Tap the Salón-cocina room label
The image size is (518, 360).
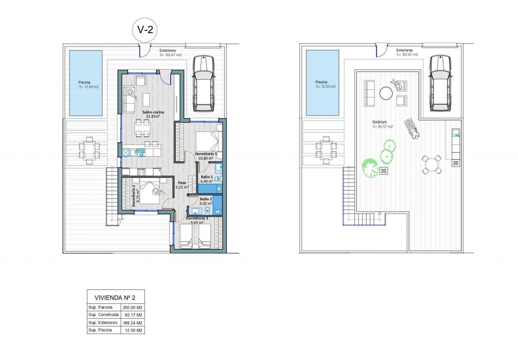[x=153, y=112]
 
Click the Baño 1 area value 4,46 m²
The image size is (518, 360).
[x=207, y=181]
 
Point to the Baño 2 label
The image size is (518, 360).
[x=205, y=198]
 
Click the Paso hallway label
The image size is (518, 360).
[x=182, y=183]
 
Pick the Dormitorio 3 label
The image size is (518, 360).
[x=198, y=218]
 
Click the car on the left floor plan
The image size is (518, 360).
[x=203, y=83]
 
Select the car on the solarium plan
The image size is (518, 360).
[x=440, y=83]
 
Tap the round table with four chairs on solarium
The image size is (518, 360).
[x=432, y=165]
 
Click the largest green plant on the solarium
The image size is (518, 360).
[x=370, y=168]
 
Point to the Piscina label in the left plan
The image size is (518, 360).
[x=85, y=82]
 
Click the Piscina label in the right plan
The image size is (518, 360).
[x=321, y=82]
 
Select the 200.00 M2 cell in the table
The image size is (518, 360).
[x=133, y=307]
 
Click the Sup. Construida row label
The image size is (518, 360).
[x=103, y=315]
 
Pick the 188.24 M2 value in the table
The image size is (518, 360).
[x=133, y=323]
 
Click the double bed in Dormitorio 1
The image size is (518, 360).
[x=207, y=140]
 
